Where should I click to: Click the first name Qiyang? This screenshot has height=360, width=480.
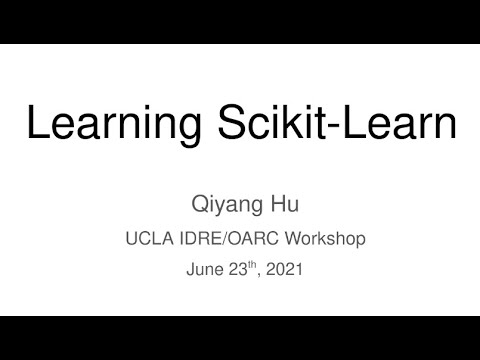[x=224, y=206]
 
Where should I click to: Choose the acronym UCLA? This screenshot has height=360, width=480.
[x=146, y=239]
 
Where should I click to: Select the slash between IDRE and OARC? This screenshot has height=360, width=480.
[x=223, y=239]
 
